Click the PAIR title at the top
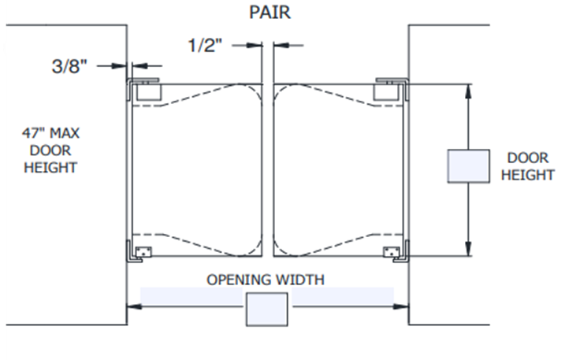coord(269,12)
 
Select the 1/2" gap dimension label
coord(206,46)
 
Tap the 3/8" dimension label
coord(69,66)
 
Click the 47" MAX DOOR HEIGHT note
coord(50,150)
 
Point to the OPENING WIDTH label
coord(266,280)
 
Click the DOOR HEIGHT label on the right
coord(527,166)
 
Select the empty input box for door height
coord(468,166)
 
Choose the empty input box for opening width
coord(266,309)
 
